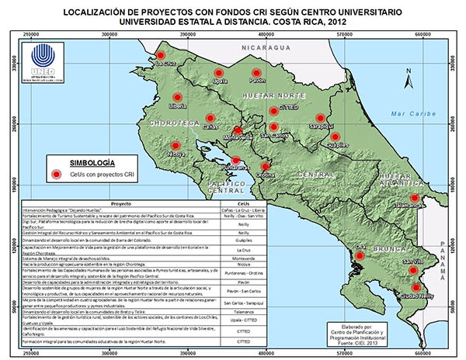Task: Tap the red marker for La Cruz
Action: [161, 55]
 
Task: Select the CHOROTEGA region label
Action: [168, 122]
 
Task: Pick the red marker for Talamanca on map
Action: [416, 199]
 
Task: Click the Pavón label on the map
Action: [258, 80]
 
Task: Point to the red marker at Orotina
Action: [266, 166]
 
